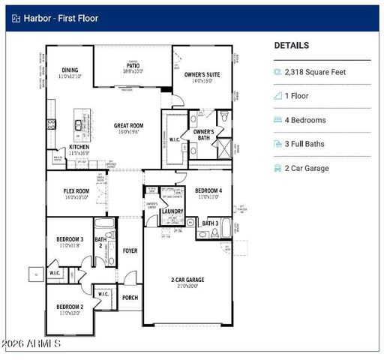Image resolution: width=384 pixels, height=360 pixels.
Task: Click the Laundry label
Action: pyautogui.click(x=172, y=211)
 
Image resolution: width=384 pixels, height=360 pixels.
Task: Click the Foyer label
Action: pyautogui.click(x=130, y=250)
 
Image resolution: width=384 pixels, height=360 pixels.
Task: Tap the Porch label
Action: pyautogui.click(x=130, y=297)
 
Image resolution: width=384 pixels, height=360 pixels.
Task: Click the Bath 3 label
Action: pyautogui.click(x=210, y=223)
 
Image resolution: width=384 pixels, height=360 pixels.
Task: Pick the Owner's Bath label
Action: pyautogui.click(x=203, y=135)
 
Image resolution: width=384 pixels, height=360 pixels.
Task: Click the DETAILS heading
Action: pyautogui.click(x=291, y=46)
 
